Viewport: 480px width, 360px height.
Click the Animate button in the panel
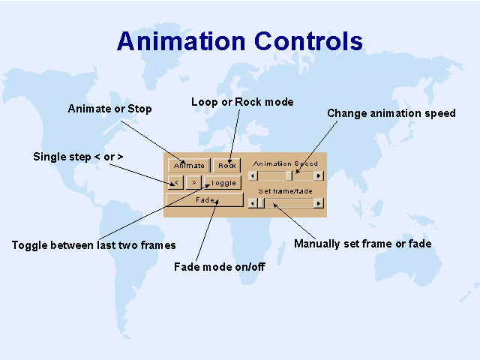[x=189, y=165]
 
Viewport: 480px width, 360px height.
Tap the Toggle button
[x=223, y=183]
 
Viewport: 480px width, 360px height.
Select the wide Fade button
[x=205, y=200]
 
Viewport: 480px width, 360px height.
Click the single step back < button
[x=175, y=183]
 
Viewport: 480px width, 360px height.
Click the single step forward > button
[x=193, y=183]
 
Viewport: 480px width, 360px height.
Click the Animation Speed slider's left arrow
[x=253, y=176]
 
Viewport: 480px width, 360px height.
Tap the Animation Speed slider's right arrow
[x=319, y=176]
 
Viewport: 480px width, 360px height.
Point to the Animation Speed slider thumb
[x=289, y=176]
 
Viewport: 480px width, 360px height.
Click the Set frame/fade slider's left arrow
[x=253, y=203]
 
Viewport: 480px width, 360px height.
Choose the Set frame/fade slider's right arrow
[x=319, y=203]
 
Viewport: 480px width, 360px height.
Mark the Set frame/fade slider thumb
[x=261, y=203]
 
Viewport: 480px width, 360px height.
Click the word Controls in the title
[x=308, y=41]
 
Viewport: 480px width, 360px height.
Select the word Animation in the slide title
[x=181, y=41]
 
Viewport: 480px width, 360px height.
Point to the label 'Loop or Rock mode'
[x=242, y=102]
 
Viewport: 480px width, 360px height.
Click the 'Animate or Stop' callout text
[x=110, y=109]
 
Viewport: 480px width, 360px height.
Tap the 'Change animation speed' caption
[x=391, y=113]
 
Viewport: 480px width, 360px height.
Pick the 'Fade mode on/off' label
[x=220, y=267]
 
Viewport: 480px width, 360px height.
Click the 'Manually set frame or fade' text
[x=363, y=244]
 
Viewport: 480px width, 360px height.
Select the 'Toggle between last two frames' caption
[x=94, y=245]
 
